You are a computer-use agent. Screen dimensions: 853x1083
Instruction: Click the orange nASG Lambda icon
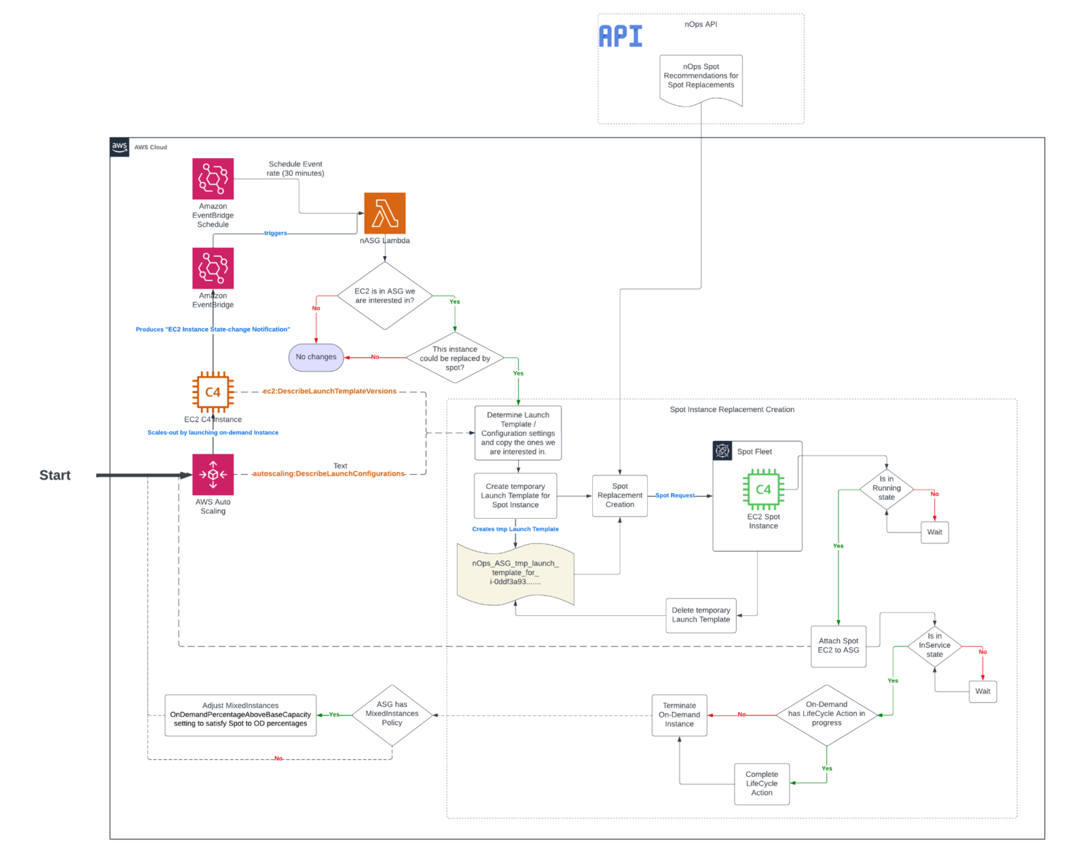pos(384,213)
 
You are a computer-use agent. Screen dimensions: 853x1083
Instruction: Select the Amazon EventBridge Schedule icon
pos(213,179)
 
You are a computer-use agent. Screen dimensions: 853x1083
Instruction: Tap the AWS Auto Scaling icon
pos(213,474)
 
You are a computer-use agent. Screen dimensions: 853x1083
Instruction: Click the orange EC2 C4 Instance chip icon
pos(213,392)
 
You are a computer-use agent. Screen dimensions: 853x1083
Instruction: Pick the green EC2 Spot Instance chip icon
pos(763,489)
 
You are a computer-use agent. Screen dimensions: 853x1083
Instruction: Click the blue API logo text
pos(620,36)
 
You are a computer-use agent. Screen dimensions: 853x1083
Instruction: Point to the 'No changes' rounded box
pos(316,357)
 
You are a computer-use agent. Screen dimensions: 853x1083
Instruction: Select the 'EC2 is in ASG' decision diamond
pos(384,296)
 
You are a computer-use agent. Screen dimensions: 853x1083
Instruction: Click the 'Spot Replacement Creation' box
pos(620,495)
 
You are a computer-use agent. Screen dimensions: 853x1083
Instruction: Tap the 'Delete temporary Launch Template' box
pos(701,615)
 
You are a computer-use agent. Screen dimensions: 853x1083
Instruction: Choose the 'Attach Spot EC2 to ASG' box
pos(838,646)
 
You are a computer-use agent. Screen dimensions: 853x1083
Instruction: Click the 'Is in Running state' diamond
pos(886,488)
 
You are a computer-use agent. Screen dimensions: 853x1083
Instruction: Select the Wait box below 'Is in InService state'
pos(982,691)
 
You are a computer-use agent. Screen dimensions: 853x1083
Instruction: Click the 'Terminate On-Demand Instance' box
pos(679,715)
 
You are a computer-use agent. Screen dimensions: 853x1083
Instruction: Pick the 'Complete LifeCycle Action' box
pos(761,783)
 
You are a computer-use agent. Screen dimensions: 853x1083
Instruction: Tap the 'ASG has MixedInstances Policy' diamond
pos(392,714)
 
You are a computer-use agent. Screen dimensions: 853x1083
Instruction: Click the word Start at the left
pos(55,476)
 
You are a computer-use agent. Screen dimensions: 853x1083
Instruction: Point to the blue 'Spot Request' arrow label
pos(675,495)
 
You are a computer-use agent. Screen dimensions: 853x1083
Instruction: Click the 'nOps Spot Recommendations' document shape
pos(701,78)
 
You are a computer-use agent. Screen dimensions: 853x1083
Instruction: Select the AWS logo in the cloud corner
pos(120,147)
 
